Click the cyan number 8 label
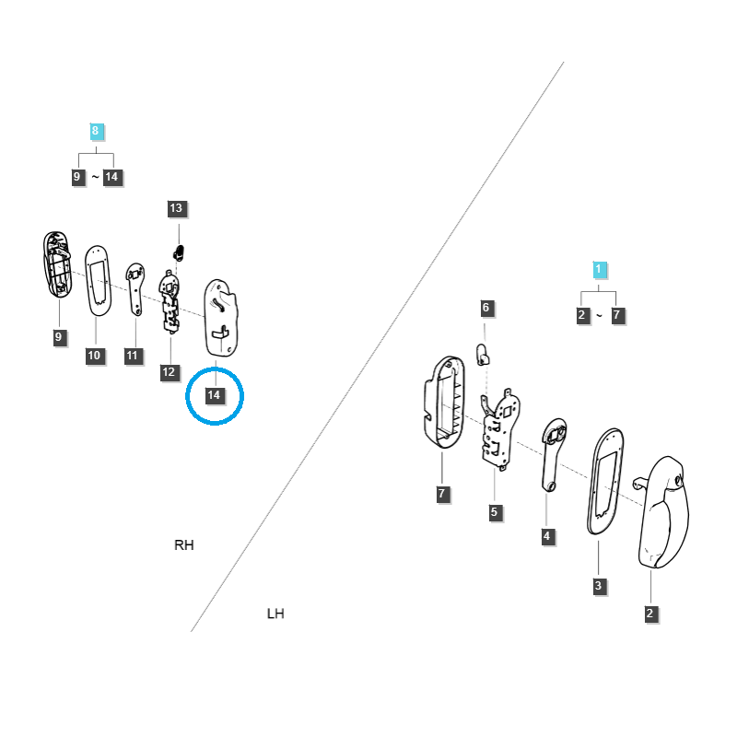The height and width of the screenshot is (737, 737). pos(96,131)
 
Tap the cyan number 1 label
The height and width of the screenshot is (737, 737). pos(599,269)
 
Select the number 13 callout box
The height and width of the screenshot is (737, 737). pos(176,208)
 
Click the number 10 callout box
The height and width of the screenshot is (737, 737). pos(95,356)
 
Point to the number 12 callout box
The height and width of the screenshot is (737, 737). pos(169,372)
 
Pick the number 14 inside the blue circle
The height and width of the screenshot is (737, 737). pos(215,395)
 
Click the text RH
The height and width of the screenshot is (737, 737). pos(183,545)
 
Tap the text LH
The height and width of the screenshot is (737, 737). pos(275,614)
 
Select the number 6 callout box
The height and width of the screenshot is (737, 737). pos(486,308)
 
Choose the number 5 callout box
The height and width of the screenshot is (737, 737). pos(495,512)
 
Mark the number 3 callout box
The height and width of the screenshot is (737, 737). pos(599,586)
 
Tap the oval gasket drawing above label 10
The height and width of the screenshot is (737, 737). pos(98,281)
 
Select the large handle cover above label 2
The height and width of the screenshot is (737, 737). pos(661,511)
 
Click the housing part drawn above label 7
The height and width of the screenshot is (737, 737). pos(444,402)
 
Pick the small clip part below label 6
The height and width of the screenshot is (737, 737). pos(483,355)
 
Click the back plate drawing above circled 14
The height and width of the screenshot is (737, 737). pos(221,318)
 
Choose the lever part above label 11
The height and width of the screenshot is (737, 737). pos(135,289)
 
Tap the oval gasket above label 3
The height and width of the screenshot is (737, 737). pos(605,481)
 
